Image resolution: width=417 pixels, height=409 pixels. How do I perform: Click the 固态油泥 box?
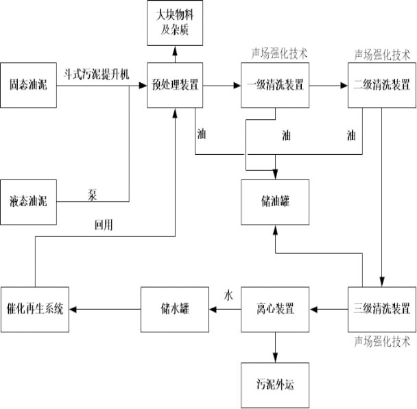point(29,86)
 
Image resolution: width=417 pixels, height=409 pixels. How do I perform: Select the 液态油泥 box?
point(29,201)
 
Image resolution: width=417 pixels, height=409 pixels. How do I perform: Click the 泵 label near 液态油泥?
point(93,194)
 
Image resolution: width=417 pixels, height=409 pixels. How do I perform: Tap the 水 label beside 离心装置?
point(228,295)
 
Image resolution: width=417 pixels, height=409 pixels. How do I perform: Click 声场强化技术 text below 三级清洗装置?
point(382,340)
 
